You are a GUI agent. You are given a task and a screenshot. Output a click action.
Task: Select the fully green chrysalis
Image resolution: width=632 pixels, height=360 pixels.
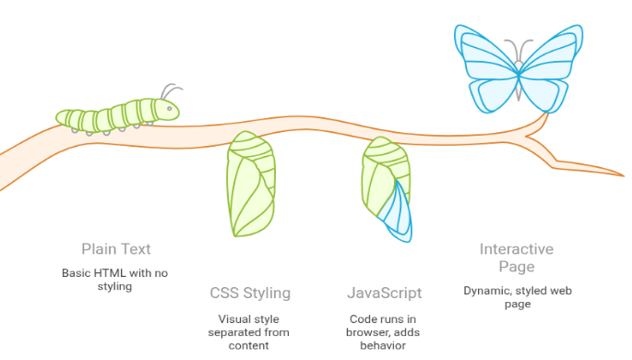(250, 184)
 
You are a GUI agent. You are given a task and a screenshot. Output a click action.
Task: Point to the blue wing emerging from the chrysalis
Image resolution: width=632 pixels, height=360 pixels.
(399, 212)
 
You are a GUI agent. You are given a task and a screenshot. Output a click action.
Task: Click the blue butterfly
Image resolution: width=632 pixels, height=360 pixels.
(519, 65)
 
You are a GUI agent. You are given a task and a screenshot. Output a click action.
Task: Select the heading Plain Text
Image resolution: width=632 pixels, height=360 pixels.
(115, 248)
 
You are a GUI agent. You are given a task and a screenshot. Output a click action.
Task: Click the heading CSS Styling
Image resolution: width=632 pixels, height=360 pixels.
(250, 294)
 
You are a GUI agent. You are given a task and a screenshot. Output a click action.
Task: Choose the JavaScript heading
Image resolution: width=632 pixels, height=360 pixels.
(384, 294)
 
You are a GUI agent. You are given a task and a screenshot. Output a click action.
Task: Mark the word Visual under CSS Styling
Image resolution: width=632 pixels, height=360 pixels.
(222, 318)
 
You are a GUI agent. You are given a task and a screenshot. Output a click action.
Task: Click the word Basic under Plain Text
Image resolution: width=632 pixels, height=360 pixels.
(78, 273)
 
